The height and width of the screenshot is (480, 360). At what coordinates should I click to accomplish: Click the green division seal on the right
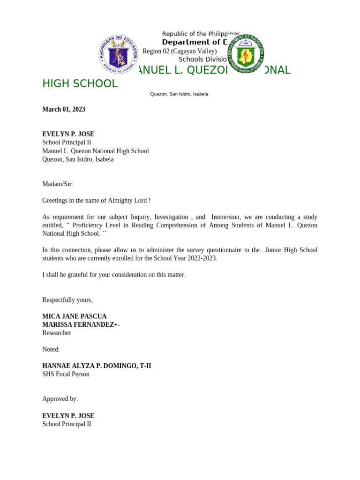pyautogui.click(x=245, y=53)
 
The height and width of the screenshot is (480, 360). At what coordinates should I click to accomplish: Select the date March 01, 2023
pyautogui.click(x=64, y=109)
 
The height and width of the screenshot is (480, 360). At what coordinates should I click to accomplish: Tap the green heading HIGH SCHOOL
pyautogui.click(x=80, y=84)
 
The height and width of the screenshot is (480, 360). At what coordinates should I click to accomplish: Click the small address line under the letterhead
pyautogui.click(x=179, y=94)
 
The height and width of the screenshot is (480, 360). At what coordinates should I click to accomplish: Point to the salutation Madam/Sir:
pyautogui.click(x=58, y=184)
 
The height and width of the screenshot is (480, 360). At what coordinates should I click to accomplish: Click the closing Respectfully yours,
pyautogui.click(x=67, y=300)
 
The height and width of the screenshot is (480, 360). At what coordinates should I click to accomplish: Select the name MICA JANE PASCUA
pyautogui.click(x=75, y=316)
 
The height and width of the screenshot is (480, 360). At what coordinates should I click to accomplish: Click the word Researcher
pyautogui.click(x=57, y=333)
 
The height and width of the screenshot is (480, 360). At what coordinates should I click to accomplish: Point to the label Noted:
pyautogui.click(x=51, y=349)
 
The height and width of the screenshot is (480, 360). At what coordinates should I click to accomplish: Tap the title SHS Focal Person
pyautogui.click(x=66, y=374)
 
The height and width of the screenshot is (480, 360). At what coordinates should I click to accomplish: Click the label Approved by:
pyautogui.click(x=60, y=399)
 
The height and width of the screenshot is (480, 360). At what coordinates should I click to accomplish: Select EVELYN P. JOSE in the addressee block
pyautogui.click(x=68, y=134)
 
